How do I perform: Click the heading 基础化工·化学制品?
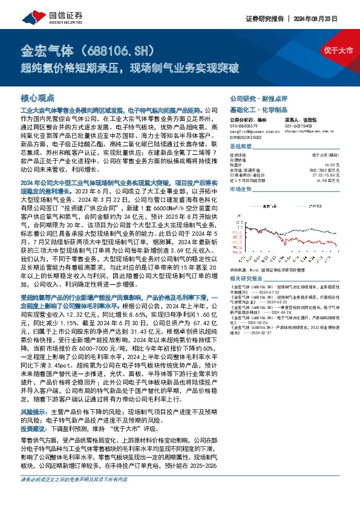coord(253,109)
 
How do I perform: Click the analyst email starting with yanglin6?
coord(248,131)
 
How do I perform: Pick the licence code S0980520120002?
coord(246,137)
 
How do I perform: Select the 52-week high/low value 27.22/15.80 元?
coord(336,175)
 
